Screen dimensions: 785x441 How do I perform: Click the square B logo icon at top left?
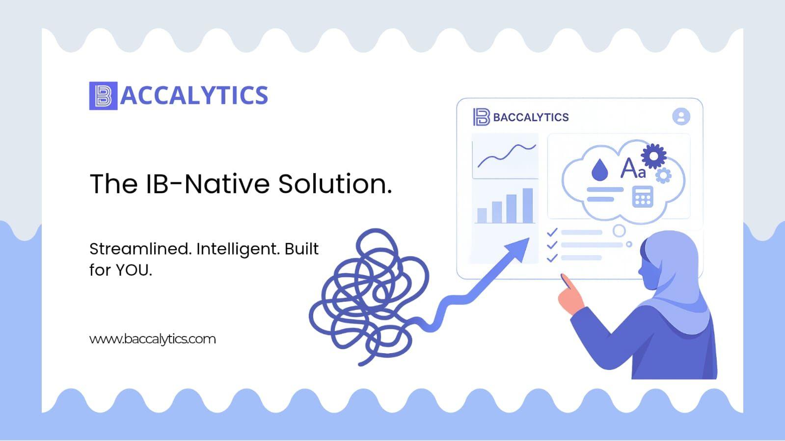click(104, 96)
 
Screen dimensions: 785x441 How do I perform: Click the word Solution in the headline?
click(335, 183)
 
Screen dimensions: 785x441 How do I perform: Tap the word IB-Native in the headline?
click(208, 183)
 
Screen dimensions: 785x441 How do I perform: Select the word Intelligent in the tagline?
click(238, 250)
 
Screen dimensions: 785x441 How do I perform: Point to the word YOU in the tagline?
click(134, 270)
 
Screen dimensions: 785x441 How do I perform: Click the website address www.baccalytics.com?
click(153, 339)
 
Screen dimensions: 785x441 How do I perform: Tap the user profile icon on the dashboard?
click(681, 116)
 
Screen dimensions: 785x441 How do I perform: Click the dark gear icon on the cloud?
click(653, 156)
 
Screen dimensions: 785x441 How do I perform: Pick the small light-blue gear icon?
click(663, 176)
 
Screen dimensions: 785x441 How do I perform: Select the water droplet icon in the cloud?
click(599, 170)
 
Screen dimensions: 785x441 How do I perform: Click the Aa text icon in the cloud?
click(633, 168)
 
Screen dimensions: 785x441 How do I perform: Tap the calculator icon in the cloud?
click(642, 197)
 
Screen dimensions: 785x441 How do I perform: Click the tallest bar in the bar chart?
click(528, 206)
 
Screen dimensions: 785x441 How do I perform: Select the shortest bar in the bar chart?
click(482, 215)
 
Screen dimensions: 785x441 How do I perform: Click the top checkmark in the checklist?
click(552, 232)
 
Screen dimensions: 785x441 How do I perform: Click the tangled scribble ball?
click(368, 298)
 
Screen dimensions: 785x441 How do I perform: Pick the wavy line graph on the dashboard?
click(507, 156)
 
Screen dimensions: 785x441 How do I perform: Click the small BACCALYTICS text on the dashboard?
click(531, 117)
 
